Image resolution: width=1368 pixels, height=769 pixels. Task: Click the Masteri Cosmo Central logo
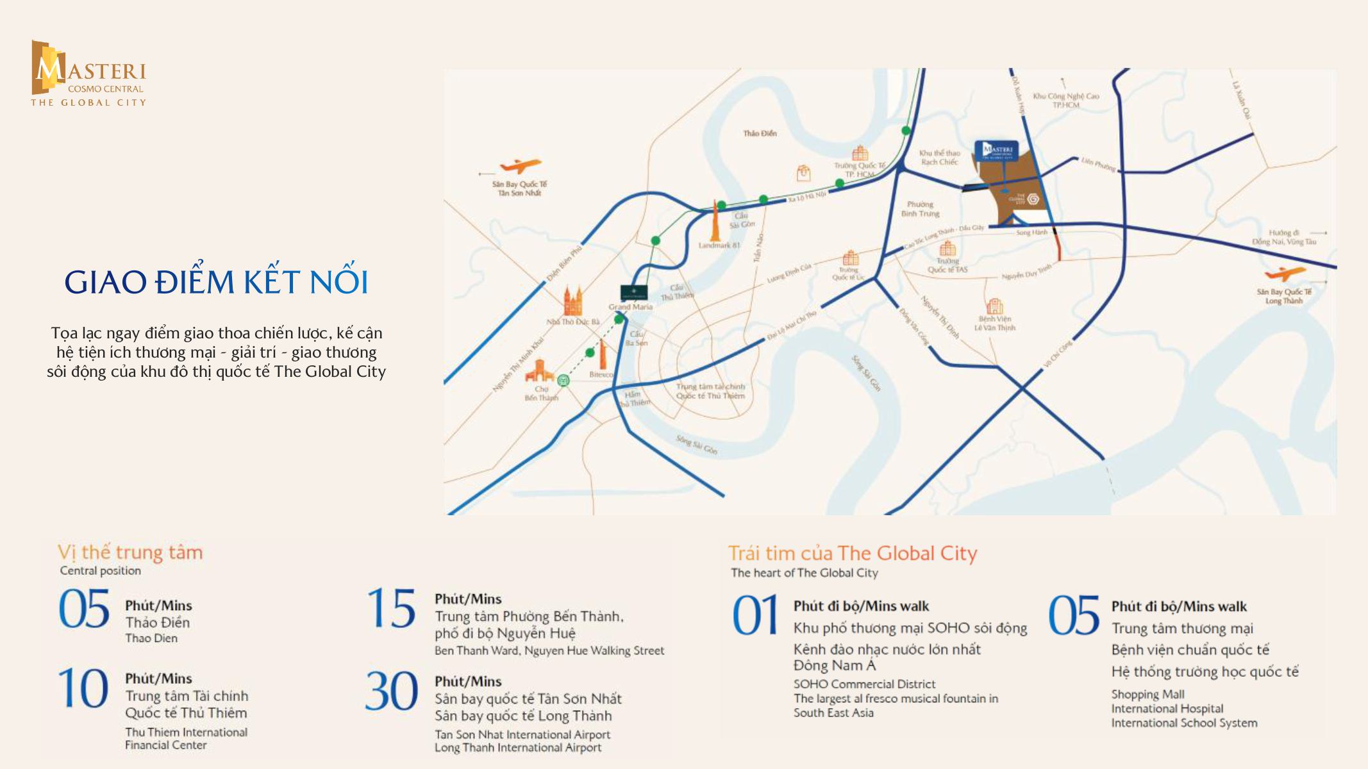click(88, 74)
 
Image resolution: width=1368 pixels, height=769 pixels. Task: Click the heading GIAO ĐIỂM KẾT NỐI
click(216, 282)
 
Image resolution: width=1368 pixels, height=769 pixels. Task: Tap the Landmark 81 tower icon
click(715, 221)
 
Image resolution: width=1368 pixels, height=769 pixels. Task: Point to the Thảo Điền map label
click(760, 133)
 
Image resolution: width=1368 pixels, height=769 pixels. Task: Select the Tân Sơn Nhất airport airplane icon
click(521, 167)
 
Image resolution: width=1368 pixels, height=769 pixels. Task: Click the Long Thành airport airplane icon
click(1285, 274)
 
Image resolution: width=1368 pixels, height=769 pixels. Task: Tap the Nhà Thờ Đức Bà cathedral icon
click(573, 301)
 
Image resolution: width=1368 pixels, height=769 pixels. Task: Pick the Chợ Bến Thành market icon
click(539, 370)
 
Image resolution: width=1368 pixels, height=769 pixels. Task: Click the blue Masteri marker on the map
click(996, 151)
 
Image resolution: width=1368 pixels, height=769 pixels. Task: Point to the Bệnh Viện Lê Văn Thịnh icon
click(994, 306)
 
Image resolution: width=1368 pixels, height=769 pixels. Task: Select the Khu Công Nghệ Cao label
click(1065, 100)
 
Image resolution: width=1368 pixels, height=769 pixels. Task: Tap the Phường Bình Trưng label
click(920, 209)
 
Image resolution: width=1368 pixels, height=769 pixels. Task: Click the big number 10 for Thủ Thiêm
click(83, 689)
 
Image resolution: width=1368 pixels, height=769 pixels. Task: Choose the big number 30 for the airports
click(391, 692)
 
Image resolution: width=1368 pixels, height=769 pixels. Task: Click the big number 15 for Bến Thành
click(391, 609)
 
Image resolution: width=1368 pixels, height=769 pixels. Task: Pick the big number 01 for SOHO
click(755, 616)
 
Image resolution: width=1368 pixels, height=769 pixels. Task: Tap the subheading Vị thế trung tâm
click(130, 552)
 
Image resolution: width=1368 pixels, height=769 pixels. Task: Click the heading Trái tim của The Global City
click(852, 553)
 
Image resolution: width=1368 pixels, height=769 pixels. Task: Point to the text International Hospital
click(1167, 709)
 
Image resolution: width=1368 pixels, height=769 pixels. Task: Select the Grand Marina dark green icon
click(633, 292)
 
